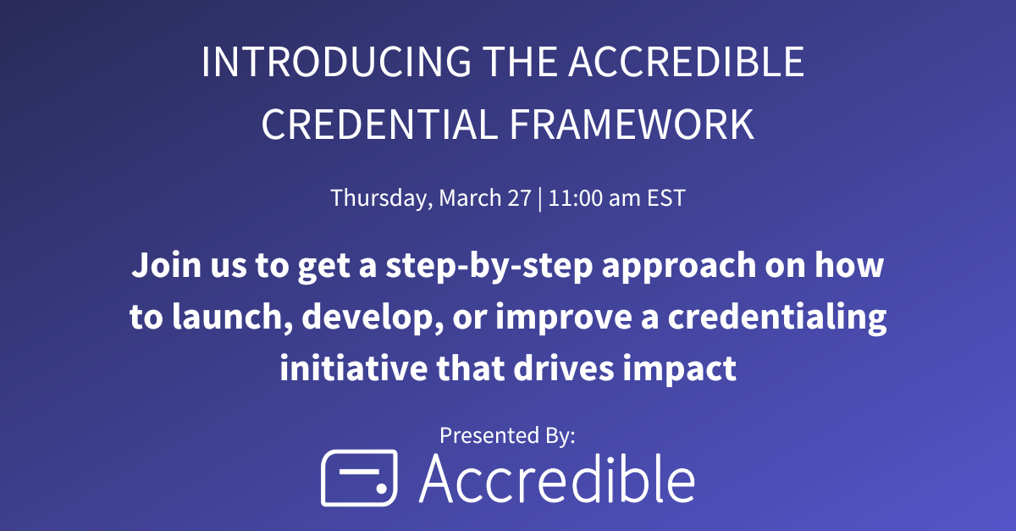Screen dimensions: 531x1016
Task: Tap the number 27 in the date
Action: tap(522, 198)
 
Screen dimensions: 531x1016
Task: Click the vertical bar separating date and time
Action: tap(540, 198)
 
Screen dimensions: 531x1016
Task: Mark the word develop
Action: tap(366, 318)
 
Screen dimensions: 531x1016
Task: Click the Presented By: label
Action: tap(507, 435)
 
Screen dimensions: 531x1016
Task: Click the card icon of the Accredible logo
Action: tap(359, 478)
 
